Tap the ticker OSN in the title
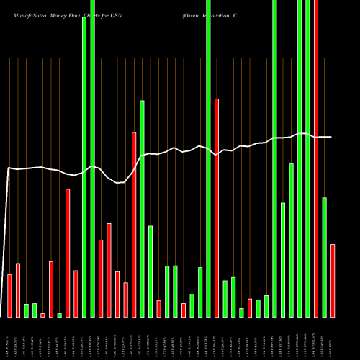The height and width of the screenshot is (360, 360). (x=115, y=14)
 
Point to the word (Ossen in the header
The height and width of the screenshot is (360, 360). (x=193, y=14)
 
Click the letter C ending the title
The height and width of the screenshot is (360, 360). (x=235, y=14)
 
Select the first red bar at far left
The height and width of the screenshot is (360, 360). (x=10, y=295)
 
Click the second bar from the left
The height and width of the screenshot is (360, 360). (x=18, y=289)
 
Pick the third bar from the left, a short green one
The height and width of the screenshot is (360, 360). (x=27, y=310)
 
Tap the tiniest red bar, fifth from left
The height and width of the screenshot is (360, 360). (x=43, y=315)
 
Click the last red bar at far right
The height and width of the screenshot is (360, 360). (x=333, y=281)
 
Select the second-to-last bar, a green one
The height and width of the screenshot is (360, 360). (x=325, y=257)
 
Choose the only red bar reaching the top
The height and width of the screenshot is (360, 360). (x=316, y=158)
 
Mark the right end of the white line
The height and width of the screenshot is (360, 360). (x=331, y=137)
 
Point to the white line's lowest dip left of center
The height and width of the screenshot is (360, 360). (x=117, y=183)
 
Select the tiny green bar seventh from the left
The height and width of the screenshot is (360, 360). (x=60, y=315)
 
